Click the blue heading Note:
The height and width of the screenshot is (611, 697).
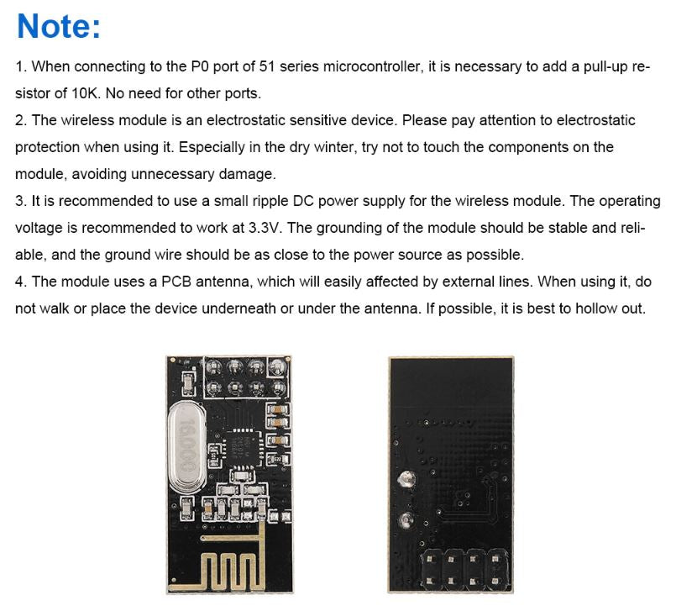click(59, 27)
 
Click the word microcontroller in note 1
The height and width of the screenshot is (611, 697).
click(373, 66)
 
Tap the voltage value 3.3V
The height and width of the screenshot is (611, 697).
click(265, 228)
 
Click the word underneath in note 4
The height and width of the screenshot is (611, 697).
click(238, 308)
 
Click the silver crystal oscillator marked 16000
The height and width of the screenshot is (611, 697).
click(186, 446)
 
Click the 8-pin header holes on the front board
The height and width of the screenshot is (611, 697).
click(246, 377)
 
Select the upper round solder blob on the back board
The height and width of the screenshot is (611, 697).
click(406, 478)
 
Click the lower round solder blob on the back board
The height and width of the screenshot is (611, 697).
click(406, 519)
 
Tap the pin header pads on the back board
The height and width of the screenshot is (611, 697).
click(464, 569)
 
